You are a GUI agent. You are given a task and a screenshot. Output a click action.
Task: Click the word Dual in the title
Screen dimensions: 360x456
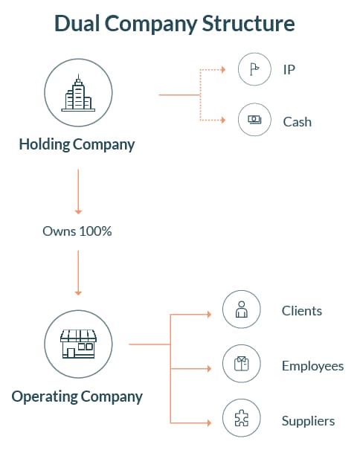pyautogui.click(x=77, y=23)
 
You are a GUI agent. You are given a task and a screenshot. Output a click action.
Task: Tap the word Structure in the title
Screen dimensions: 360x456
pyautogui.click(x=248, y=23)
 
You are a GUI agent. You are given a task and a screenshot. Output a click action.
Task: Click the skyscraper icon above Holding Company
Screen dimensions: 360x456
pyautogui.click(x=78, y=93)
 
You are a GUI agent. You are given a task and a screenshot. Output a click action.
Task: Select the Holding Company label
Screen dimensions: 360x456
pyautogui.click(x=77, y=144)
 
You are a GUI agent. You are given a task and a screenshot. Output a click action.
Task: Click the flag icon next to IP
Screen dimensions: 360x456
pyautogui.click(x=254, y=69)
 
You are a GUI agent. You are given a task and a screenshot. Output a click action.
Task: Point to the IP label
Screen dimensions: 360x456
pyautogui.click(x=289, y=69)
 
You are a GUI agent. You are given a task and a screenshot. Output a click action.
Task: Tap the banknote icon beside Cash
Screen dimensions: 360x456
pyautogui.click(x=254, y=120)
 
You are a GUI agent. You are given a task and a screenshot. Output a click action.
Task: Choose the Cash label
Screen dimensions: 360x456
pyautogui.click(x=298, y=122)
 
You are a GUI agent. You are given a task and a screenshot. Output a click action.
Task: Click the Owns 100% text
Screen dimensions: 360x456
pyautogui.click(x=77, y=231)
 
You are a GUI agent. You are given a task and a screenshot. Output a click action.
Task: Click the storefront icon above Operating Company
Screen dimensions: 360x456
pyautogui.click(x=78, y=344)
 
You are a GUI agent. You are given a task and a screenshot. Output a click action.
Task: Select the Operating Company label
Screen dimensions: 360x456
pyautogui.click(x=77, y=396)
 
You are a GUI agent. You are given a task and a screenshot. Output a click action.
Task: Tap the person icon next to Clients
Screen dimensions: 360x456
pyautogui.click(x=241, y=309)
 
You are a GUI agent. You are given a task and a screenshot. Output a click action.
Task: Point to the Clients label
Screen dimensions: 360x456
pyautogui.click(x=302, y=311)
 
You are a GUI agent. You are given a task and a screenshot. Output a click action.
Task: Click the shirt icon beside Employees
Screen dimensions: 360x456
pyautogui.click(x=241, y=364)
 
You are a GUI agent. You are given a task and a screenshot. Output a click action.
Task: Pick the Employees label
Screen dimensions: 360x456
pyautogui.click(x=313, y=366)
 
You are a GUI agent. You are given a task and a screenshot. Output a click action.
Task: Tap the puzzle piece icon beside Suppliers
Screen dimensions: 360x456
pyautogui.click(x=241, y=418)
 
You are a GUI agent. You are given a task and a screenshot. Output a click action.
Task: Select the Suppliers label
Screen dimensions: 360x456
pyautogui.click(x=308, y=421)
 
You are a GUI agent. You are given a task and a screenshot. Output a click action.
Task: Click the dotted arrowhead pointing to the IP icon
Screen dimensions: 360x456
pyautogui.click(x=223, y=70)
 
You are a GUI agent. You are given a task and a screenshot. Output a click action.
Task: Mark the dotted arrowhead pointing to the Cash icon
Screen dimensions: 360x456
pyautogui.click(x=223, y=120)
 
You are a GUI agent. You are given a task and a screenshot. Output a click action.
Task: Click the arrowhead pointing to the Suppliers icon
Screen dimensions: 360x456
pyautogui.click(x=209, y=423)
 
